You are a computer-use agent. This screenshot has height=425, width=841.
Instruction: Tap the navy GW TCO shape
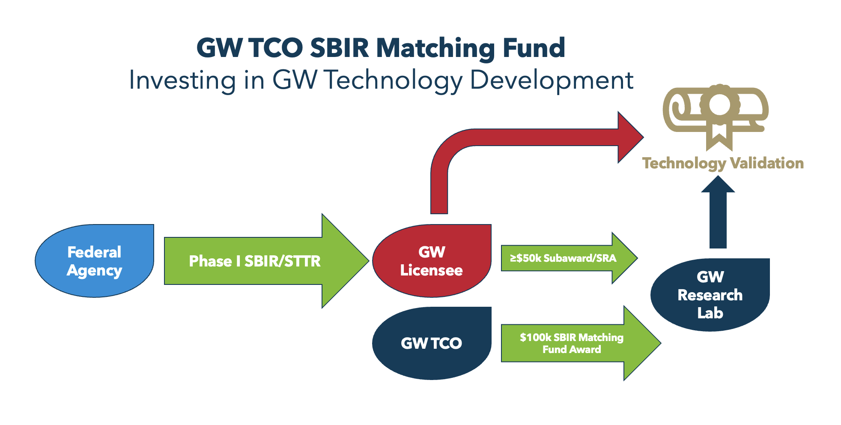coord(432,343)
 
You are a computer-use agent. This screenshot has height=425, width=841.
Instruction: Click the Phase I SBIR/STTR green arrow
coord(254,261)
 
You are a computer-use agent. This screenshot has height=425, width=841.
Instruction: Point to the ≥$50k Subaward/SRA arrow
coord(563,258)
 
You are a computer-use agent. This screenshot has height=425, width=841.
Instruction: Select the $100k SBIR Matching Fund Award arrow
coord(571,343)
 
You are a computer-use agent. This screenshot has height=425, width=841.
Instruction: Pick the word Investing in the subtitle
coord(182,80)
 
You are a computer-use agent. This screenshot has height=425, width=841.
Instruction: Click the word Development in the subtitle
coord(552,80)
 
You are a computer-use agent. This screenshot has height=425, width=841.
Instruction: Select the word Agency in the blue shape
coord(94,271)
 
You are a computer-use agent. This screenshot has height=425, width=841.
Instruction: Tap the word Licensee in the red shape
coord(431,270)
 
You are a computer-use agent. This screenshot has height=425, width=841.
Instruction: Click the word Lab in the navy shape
coord(710,313)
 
